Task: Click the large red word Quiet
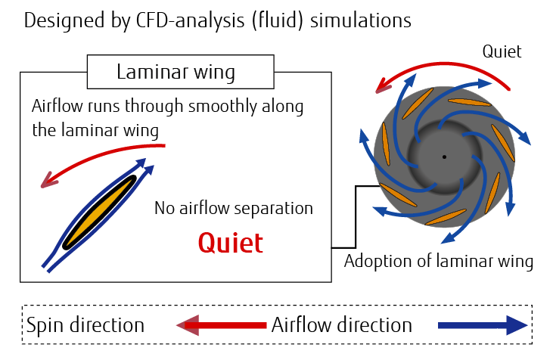tap(231, 243)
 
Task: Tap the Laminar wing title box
tap(176, 73)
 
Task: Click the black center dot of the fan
tap(444, 157)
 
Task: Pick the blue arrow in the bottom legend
tap(481, 326)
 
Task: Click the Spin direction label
tap(85, 326)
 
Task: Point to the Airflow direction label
tap(342, 326)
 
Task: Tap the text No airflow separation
tap(234, 207)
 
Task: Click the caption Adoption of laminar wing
tap(439, 262)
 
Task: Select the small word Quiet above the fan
tap(503, 51)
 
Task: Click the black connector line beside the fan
tap(356, 219)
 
